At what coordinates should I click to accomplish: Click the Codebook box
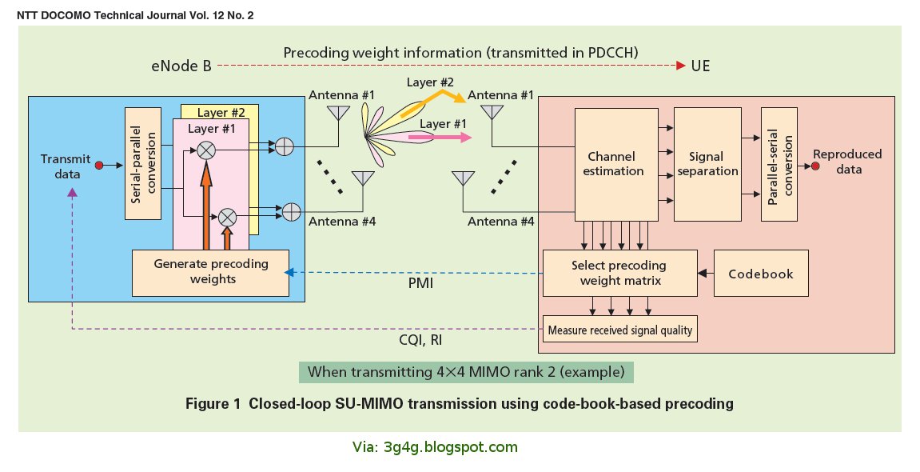760,274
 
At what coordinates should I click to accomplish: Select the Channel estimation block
615,163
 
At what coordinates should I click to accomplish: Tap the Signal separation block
707,163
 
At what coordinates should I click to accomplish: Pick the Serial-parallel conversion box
140,163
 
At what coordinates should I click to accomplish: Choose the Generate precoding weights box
211,271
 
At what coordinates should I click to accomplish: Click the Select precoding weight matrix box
619,273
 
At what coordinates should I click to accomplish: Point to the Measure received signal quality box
619,328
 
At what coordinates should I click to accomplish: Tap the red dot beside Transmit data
99,166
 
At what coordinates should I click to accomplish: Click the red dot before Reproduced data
814,166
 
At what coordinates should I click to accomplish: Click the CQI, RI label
420,341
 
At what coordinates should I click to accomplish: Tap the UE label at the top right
700,66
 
